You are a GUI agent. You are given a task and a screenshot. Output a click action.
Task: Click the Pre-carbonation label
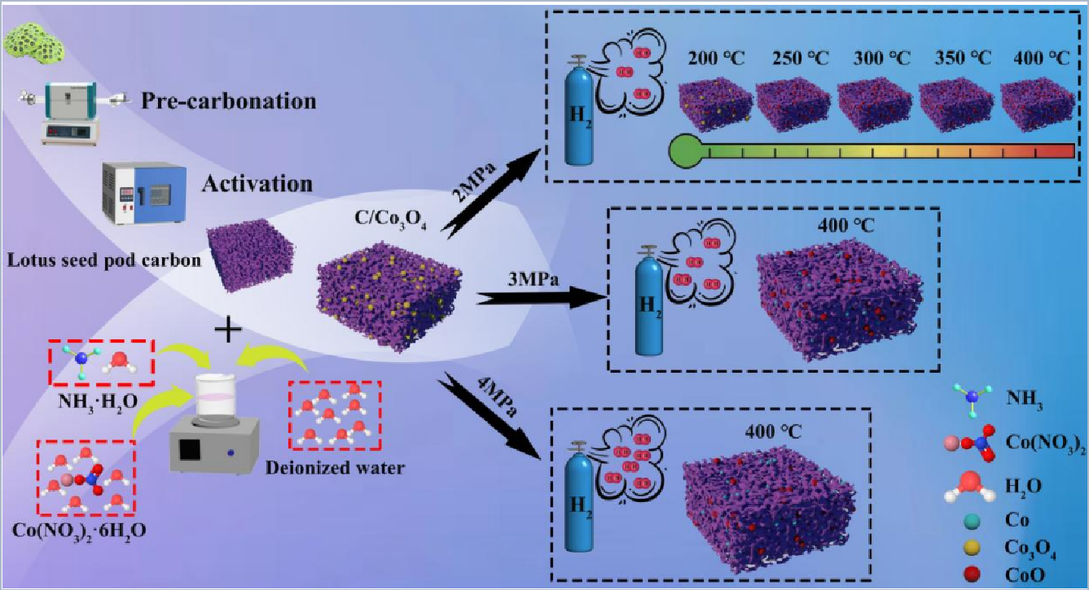[228, 102]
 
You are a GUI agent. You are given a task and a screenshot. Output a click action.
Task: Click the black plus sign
[227, 330]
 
